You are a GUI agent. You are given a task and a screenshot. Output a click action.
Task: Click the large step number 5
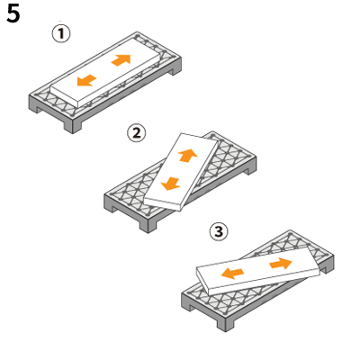pyautogui.click(x=13, y=13)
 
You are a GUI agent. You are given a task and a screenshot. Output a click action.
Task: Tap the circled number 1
pyautogui.click(x=61, y=33)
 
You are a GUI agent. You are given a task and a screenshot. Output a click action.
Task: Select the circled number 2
pyautogui.click(x=137, y=133)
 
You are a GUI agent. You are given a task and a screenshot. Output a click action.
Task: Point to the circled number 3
pyautogui.click(x=219, y=231)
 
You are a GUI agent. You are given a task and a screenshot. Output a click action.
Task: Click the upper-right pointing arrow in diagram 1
pyautogui.click(x=121, y=59)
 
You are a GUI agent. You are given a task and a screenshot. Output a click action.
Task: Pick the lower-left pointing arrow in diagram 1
pyautogui.click(x=86, y=80)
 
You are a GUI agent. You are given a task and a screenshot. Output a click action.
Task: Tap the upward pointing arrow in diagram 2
pyautogui.click(x=187, y=156)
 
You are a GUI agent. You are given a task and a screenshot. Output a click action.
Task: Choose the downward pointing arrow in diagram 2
pyautogui.click(x=171, y=184)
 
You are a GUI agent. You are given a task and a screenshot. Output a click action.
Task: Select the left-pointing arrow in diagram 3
pyautogui.click(x=232, y=274)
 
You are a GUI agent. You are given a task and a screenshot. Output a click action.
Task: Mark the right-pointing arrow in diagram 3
pyautogui.click(x=281, y=263)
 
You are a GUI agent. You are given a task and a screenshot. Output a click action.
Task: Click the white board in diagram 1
pyautogui.click(x=105, y=72)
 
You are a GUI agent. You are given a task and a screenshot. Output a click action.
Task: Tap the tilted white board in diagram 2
pyautogui.click(x=182, y=172)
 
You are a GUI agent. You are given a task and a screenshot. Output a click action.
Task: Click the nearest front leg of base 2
pyautogui.click(x=148, y=223)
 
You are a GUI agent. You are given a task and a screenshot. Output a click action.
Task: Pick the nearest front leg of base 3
pyautogui.click(x=225, y=321)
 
